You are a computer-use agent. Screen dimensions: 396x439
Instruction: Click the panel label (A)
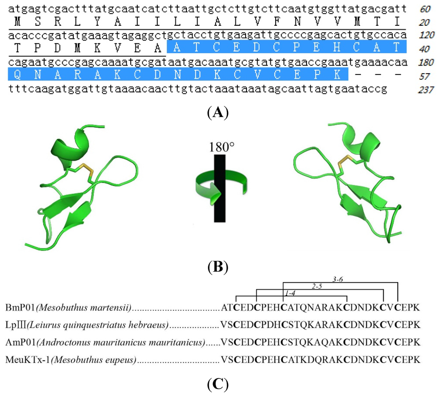(217, 113)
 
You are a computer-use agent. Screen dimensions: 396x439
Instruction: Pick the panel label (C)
(217, 384)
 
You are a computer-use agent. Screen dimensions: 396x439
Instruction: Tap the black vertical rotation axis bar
(219, 189)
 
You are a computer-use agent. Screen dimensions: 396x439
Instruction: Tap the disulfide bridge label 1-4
(290, 294)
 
